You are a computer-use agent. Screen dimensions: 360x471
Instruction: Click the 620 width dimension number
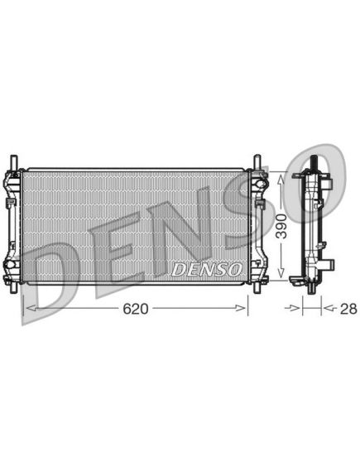(136, 309)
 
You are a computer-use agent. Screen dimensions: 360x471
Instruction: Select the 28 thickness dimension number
(348, 309)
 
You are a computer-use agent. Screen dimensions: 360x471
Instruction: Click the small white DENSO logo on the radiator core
(207, 270)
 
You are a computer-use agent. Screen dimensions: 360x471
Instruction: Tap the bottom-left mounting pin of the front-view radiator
(14, 288)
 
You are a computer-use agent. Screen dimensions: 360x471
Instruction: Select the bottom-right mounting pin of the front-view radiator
(257, 288)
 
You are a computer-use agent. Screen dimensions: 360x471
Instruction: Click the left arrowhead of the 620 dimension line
(31, 308)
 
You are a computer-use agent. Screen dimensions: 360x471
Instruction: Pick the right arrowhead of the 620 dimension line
(241, 308)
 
